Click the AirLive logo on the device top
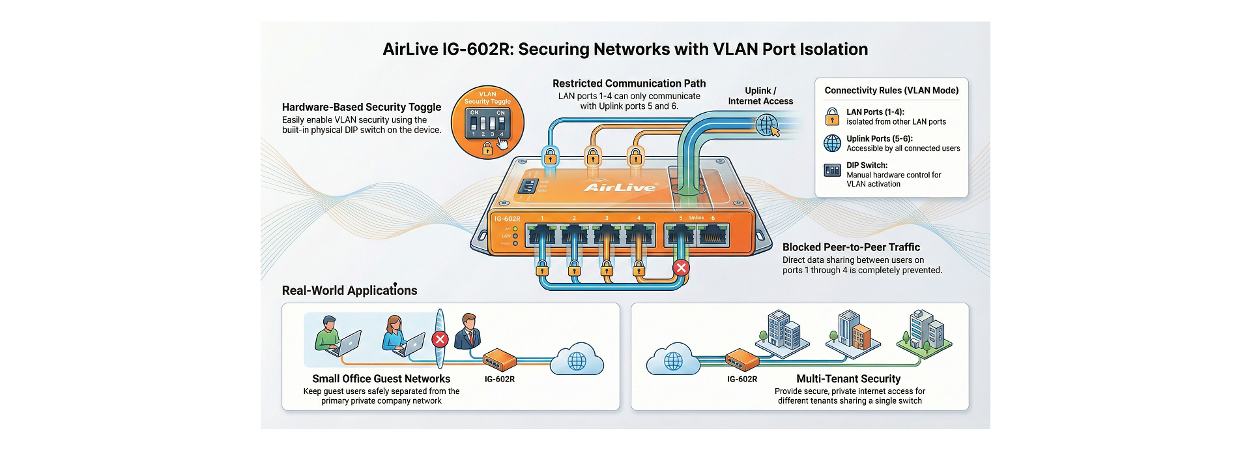coord(620,187)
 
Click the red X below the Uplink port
coord(681,267)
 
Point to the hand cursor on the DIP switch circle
coord(502,143)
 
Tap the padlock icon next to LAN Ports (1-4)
coord(832,117)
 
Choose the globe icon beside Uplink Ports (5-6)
coord(832,143)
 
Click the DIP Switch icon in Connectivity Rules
coord(832,170)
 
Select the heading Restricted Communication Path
coord(629,83)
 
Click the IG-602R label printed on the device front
coord(507,219)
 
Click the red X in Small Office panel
coord(440,339)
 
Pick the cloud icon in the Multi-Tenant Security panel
coord(673,360)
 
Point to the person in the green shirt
coord(330,334)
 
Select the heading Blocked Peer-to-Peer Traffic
coord(851,247)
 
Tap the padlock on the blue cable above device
coord(550,157)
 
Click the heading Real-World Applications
coord(349,291)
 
